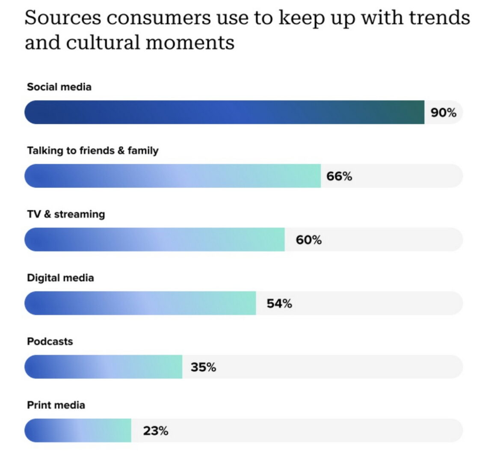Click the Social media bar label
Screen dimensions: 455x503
point(59,87)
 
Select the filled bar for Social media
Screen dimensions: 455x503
point(224,112)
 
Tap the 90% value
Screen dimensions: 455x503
point(444,113)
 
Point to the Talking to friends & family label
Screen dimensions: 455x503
point(93,151)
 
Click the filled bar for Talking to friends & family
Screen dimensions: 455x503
point(172,176)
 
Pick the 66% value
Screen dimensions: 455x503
point(339,176)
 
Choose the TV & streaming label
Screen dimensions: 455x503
point(66,214)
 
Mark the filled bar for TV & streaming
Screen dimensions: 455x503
point(154,240)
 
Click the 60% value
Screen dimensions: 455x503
point(308,240)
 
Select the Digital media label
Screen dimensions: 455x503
point(60,278)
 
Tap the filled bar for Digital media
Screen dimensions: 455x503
point(140,303)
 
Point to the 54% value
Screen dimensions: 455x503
point(279,303)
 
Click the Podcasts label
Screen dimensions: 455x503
point(50,342)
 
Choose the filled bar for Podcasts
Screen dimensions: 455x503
point(103,367)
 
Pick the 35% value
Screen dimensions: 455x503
point(203,367)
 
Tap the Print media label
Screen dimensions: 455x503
point(56,405)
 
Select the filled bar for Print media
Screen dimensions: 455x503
point(78,430)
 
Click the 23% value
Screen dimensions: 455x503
point(156,431)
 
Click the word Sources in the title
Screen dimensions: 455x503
point(63,18)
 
